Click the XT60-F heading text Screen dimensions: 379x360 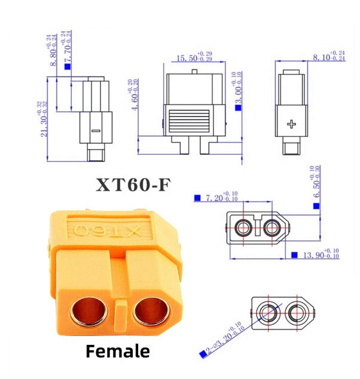click(133, 185)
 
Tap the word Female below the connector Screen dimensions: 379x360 click(118, 351)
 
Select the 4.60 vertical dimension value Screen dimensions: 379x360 click(131, 96)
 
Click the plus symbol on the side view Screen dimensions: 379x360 click(291, 124)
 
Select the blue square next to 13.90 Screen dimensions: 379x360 click(294, 255)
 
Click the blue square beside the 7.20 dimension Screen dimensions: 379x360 click(196, 197)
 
